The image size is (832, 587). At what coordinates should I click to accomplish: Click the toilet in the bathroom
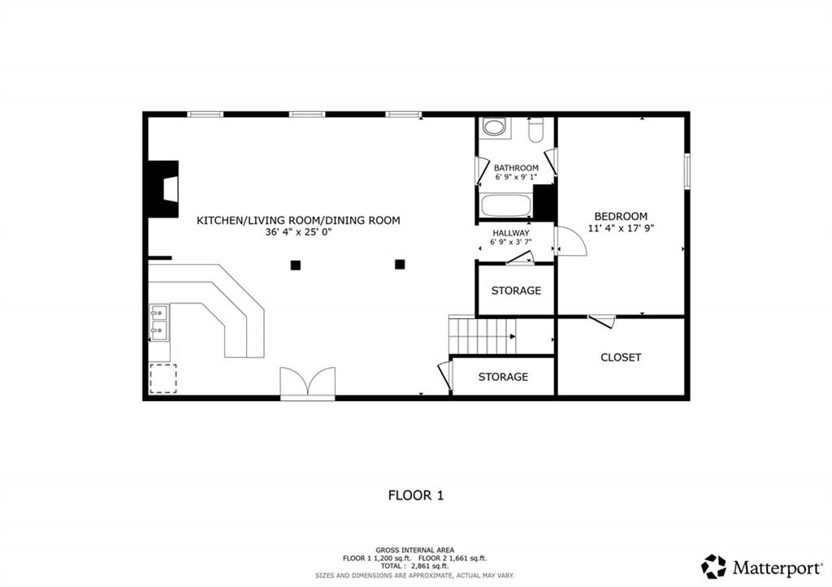coord(536,129)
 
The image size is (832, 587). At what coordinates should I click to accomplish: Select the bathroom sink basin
coord(495,127)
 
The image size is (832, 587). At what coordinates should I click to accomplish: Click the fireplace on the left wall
coord(162,189)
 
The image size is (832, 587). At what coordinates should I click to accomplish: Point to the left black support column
coord(296,265)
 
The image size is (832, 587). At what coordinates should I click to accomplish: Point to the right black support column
coord(400,264)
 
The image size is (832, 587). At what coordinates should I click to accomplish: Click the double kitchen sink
coord(158,322)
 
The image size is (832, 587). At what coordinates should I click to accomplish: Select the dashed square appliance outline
coord(162,378)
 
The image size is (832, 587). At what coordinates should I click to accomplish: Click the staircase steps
coord(483,335)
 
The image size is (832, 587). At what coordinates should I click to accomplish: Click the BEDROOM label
coord(621,216)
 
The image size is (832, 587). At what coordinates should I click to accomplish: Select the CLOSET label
coord(621,357)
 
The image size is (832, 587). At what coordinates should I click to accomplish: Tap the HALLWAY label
coord(511,233)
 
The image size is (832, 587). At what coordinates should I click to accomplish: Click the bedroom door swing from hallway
coord(570,242)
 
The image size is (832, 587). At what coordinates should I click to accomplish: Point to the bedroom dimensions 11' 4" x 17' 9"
coord(622,228)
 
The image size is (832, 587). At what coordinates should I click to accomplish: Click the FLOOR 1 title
coord(416,495)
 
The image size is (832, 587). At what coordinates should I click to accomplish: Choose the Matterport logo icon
coord(713,567)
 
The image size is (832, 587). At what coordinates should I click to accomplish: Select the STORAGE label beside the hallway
coord(516,291)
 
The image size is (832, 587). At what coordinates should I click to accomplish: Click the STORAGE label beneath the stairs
coord(503,377)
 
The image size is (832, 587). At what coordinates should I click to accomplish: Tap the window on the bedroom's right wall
coord(687,170)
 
